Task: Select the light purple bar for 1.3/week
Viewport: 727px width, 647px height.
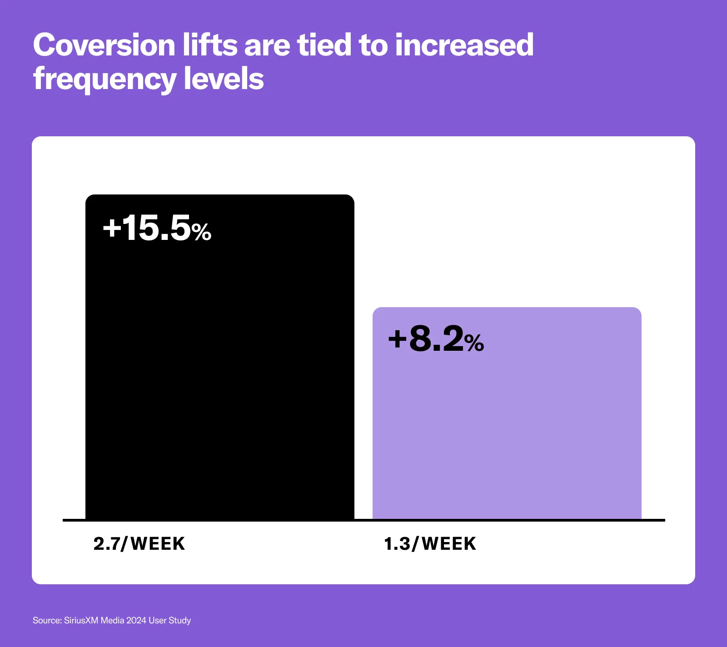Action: [507, 423]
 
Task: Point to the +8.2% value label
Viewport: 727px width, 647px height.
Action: [436, 339]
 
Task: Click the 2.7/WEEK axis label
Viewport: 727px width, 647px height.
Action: [139, 544]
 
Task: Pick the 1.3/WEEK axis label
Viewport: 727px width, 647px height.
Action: [430, 544]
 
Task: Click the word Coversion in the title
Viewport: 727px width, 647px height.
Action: [104, 45]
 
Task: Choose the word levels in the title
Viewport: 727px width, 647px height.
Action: [224, 79]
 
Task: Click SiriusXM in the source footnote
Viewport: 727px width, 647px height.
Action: [81, 620]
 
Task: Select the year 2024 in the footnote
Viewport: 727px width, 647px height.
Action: [136, 620]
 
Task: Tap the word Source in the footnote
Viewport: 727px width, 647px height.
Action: [46, 620]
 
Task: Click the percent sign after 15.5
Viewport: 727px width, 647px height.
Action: [201, 232]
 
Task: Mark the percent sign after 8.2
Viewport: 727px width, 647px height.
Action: [474, 343]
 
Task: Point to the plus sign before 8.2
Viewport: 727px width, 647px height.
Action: [397, 339]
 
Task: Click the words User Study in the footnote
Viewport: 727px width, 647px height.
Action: [169, 620]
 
